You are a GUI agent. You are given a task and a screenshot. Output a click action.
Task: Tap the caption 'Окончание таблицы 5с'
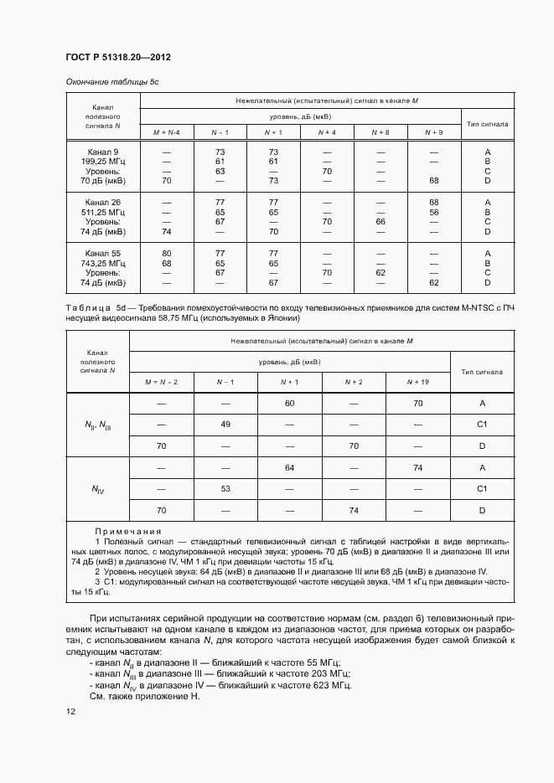coord(112,83)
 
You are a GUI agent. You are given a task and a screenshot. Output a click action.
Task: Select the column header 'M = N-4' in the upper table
coord(166,133)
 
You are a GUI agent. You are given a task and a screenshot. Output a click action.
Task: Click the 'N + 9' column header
coord(433,133)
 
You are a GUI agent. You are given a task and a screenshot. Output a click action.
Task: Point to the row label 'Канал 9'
coord(103,151)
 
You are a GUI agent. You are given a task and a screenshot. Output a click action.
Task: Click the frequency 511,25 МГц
coord(103,212)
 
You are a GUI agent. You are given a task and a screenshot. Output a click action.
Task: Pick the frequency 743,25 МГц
coord(103,263)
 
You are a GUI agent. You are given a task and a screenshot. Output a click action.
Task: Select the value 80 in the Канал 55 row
coord(166,253)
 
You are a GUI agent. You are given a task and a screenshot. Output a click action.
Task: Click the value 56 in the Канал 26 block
coord(433,212)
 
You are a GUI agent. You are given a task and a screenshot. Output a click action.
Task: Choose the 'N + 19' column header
coord(417,382)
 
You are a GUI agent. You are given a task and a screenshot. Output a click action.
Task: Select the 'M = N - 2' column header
coord(161,382)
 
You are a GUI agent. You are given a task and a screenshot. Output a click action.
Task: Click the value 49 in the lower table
coord(225,425)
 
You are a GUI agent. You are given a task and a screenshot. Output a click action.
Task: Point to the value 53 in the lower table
coord(225,488)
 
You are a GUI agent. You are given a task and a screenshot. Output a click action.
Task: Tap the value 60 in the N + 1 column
coord(290,404)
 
